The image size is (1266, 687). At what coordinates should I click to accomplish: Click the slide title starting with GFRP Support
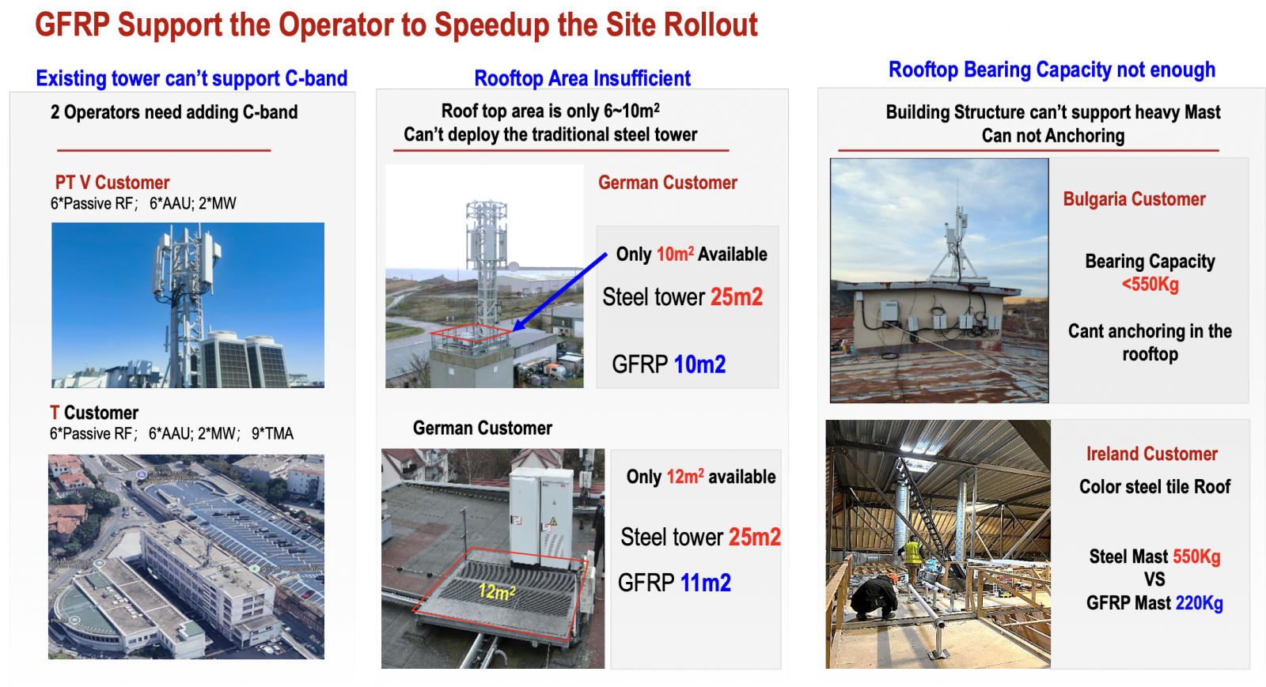point(396,25)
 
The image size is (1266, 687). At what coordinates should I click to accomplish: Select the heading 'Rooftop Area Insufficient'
point(582,78)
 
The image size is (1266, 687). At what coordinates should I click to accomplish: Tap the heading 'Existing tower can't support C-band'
point(191,78)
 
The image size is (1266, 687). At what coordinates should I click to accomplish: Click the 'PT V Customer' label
point(112,183)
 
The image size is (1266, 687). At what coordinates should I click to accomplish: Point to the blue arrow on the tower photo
point(559,292)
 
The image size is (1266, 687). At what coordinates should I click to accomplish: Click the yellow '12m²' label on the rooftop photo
point(497,591)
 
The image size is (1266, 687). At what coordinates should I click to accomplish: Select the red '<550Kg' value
point(1150,283)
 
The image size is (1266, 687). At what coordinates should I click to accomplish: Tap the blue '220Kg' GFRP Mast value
point(1200,603)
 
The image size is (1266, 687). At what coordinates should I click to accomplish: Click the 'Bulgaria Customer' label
point(1135,199)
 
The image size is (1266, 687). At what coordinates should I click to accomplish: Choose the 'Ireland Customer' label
point(1152,454)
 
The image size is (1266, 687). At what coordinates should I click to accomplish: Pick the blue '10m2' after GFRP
point(699,364)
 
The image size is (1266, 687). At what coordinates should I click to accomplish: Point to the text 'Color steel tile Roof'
point(1154,487)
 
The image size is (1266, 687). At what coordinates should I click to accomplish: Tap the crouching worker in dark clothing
point(874,597)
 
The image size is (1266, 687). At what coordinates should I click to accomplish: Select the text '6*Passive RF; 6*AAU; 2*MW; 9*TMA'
point(172,433)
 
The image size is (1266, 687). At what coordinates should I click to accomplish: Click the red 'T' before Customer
point(55,413)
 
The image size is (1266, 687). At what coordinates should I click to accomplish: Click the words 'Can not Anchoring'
point(1053,135)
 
